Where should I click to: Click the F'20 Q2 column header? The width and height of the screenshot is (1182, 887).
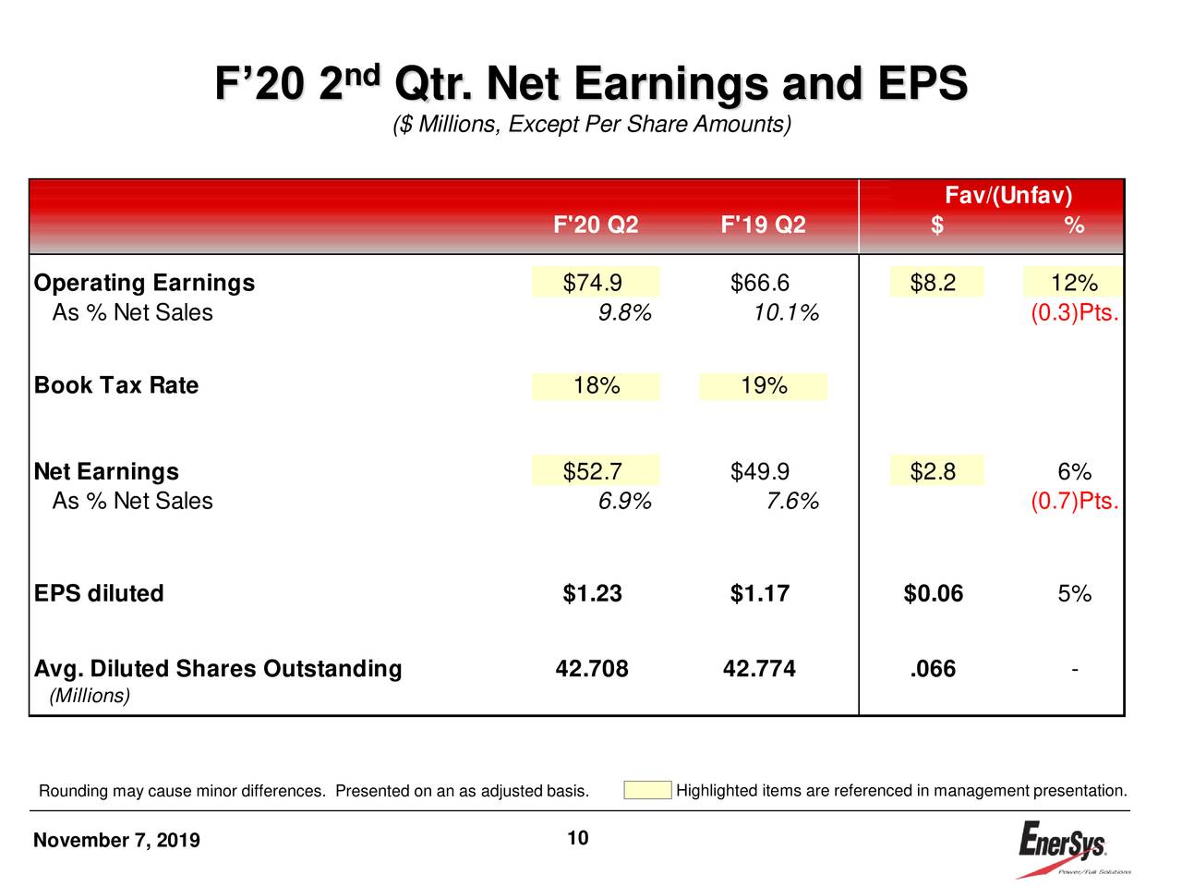[x=596, y=225]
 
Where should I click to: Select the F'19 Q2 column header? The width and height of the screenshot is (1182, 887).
[x=763, y=225]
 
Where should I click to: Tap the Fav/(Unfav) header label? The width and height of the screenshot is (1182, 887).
[x=1008, y=196]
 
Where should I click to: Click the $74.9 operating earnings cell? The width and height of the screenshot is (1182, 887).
[x=593, y=283]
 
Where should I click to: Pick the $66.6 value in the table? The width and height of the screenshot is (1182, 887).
[x=760, y=283]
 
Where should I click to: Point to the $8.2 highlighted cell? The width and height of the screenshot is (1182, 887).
[x=934, y=283]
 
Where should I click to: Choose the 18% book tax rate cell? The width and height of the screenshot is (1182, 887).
[x=597, y=385]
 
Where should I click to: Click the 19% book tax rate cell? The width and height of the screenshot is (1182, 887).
[x=764, y=385]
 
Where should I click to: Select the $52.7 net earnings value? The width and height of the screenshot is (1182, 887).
[x=593, y=472]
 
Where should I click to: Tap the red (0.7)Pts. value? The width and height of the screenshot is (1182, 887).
[x=1075, y=502]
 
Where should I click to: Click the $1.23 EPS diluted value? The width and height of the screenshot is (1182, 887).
[x=593, y=593]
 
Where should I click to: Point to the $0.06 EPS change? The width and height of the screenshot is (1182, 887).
[x=934, y=593]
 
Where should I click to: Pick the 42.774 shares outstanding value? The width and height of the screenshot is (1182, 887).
[x=759, y=669]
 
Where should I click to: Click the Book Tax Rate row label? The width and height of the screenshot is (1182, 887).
[x=116, y=385]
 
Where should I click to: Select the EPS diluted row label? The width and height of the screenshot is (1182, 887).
[x=99, y=593]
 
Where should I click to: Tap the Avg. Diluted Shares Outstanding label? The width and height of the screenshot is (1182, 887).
[x=218, y=669]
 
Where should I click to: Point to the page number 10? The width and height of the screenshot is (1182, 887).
[x=578, y=838]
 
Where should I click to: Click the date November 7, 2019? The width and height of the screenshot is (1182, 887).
[x=116, y=840]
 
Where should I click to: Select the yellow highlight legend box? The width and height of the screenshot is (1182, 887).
[x=647, y=790]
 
